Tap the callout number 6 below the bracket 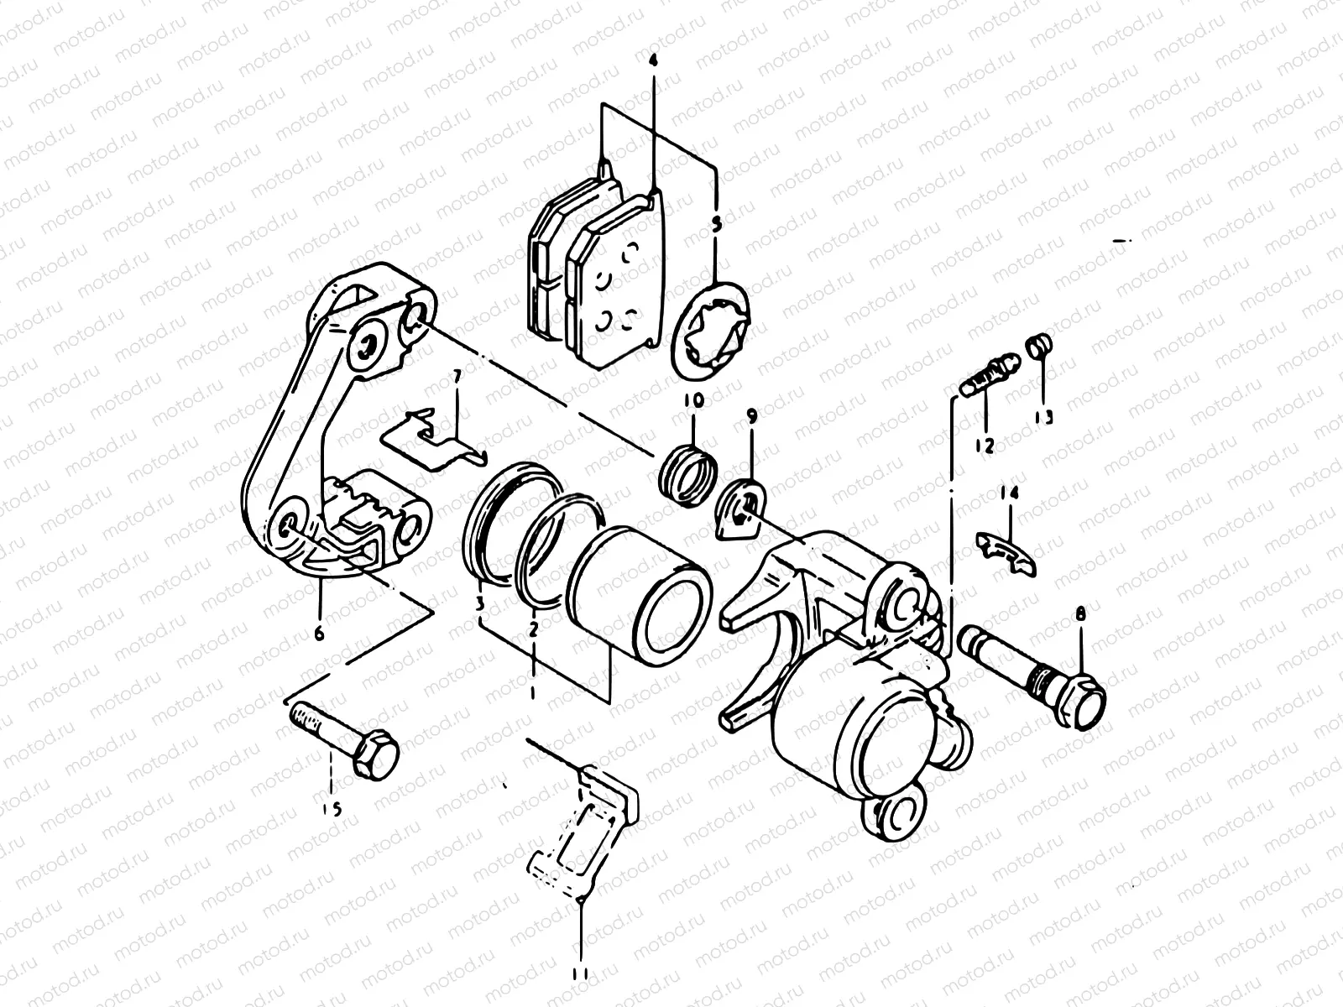tap(320, 634)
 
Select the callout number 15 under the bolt tap(332, 809)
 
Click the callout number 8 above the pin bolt tap(1080, 615)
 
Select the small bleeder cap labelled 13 tap(1040, 345)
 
